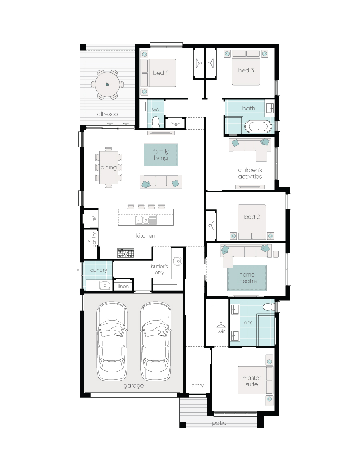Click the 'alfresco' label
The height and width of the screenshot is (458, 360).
click(x=107, y=114)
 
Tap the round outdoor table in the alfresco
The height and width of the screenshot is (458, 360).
click(x=107, y=85)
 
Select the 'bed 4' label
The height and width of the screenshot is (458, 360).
click(x=161, y=73)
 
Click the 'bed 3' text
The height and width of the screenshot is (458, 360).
click(x=246, y=70)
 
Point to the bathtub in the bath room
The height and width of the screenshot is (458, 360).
click(x=258, y=127)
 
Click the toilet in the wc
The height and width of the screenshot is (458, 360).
click(x=156, y=122)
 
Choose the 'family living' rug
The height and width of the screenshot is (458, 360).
click(x=161, y=155)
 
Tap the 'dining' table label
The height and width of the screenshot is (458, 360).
click(x=108, y=167)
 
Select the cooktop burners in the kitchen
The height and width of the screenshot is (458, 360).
click(x=126, y=253)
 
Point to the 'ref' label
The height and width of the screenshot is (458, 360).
click(x=94, y=219)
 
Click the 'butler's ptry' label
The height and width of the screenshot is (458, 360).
click(x=159, y=269)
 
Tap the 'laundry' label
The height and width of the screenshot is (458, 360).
click(x=98, y=270)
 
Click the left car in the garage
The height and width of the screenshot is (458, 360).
click(x=112, y=341)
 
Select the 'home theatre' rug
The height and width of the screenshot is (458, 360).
click(x=247, y=278)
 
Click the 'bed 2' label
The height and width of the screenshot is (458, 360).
click(x=252, y=217)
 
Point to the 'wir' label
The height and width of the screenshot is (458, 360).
click(x=221, y=332)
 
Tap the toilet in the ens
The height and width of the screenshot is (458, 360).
click(x=268, y=307)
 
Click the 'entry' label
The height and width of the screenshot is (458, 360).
click(x=198, y=386)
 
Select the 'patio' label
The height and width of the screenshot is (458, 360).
click(x=219, y=423)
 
